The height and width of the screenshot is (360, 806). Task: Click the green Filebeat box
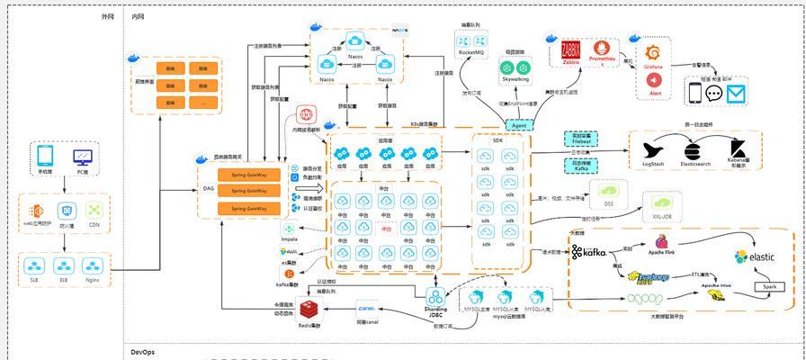click(x=581, y=139)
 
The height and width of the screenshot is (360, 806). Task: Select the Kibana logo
click(x=739, y=149)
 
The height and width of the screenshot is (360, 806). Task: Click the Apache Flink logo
click(x=662, y=242)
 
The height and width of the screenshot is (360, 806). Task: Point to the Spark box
click(x=770, y=286)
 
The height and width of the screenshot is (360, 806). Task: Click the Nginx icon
click(x=92, y=266)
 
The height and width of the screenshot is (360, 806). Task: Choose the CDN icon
click(x=94, y=211)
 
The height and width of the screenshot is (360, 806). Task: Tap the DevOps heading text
click(x=144, y=352)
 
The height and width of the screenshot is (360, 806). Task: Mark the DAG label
click(x=209, y=190)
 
